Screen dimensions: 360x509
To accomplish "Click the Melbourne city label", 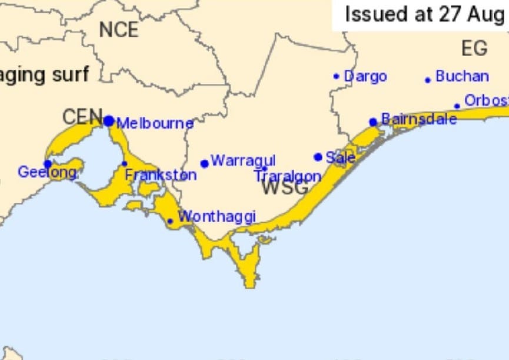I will pyautogui.click(x=155, y=124).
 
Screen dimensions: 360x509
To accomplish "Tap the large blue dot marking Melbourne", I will pyautogui.click(x=109, y=121).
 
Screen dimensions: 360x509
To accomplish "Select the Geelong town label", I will pyautogui.click(x=47, y=172).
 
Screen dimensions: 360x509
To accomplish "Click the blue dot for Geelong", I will pyautogui.click(x=48, y=164).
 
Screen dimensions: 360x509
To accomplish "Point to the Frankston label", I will pyautogui.click(x=161, y=175).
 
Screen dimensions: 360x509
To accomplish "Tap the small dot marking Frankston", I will pyautogui.click(x=124, y=164).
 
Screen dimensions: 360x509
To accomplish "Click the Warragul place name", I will pyautogui.click(x=243, y=161).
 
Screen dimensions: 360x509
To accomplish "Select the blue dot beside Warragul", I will pyautogui.click(x=204, y=164).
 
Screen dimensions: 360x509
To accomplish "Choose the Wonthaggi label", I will pyautogui.click(x=217, y=216).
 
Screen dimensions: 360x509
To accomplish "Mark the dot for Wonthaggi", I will pyautogui.click(x=170, y=222).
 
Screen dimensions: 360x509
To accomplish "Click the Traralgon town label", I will pyautogui.click(x=288, y=176).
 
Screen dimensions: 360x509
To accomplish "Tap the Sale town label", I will pyautogui.click(x=340, y=158).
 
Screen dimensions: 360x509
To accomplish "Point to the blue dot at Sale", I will pyautogui.click(x=318, y=157).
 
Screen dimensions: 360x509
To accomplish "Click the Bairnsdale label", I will pyautogui.click(x=419, y=119).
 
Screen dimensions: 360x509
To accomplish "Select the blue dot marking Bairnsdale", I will pyautogui.click(x=373, y=122).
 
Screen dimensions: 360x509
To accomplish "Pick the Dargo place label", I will pyautogui.click(x=365, y=76).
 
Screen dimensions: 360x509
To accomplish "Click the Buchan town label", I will pyautogui.click(x=462, y=76).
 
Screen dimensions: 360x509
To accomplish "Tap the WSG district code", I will pyautogui.click(x=285, y=188).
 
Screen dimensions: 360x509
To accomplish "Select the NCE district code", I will pyautogui.click(x=118, y=29).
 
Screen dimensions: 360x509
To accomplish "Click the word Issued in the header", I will pyautogui.click(x=377, y=14).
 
